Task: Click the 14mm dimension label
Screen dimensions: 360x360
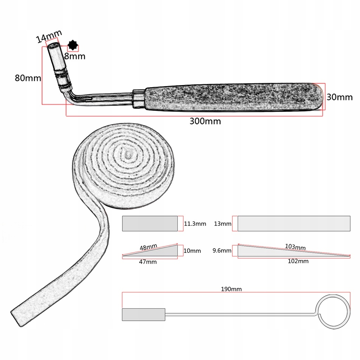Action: [49, 36]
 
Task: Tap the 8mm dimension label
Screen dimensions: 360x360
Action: [75, 56]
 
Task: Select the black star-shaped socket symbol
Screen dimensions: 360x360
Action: [73, 45]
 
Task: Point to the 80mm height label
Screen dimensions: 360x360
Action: [28, 78]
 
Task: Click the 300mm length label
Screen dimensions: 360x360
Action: [205, 121]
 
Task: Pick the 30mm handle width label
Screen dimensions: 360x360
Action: [339, 97]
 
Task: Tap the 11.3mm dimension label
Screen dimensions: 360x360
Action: [195, 224]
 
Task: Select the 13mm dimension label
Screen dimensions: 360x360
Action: [223, 224]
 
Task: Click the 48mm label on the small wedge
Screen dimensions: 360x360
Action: [148, 247]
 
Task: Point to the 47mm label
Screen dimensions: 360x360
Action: [148, 262]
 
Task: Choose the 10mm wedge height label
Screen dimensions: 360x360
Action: [192, 251]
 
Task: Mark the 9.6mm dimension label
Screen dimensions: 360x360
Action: [222, 251]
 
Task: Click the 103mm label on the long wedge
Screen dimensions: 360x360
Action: [295, 247]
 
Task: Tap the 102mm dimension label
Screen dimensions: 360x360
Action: [298, 261]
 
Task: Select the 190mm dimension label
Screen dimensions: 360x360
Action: [231, 289]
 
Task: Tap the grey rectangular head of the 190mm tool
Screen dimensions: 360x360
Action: [143, 314]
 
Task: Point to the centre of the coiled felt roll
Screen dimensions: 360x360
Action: [127, 154]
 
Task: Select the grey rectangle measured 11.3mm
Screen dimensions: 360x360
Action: [150, 224]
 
